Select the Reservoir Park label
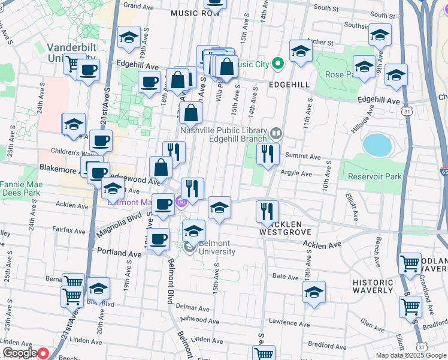376,176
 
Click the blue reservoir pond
375,145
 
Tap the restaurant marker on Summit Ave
268,154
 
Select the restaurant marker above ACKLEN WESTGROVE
267,211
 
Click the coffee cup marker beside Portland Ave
159,240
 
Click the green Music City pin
277,63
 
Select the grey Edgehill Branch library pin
276,133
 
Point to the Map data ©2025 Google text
411,355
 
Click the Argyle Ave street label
297,174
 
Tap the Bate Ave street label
285,277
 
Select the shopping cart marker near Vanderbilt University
74,63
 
